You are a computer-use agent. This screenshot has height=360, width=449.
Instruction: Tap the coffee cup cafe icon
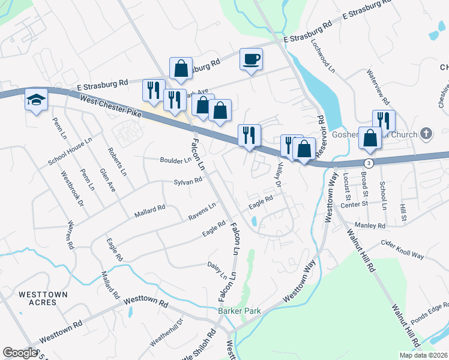[x=251, y=59]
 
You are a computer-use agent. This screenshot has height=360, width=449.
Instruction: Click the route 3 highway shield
[x=369, y=163]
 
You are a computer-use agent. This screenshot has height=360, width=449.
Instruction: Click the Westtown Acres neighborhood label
[x=37, y=298]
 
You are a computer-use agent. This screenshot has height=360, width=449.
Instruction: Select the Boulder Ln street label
[x=175, y=160]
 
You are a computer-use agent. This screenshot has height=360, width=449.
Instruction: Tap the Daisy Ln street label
[x=217, y=271]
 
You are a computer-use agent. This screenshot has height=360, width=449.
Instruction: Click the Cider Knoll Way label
[x=403, y=249]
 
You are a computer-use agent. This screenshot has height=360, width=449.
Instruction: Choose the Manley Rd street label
[x=373, y=226]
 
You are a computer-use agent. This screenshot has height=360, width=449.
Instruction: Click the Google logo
[x=20, y=353]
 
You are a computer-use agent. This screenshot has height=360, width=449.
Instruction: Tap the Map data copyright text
[x=423, y=355]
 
